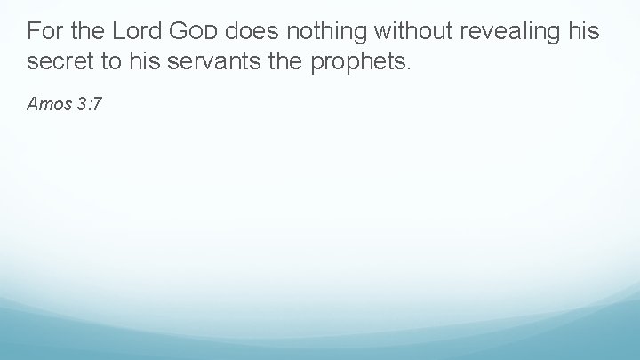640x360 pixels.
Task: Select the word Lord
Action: [x=137, y=33]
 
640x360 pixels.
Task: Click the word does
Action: [x=255, y=33]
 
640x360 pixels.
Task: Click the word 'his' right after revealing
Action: [x=584, y=33]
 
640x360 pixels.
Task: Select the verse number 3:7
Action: [x=89, y=105]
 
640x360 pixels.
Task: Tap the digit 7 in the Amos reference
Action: [x=98, y=105]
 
